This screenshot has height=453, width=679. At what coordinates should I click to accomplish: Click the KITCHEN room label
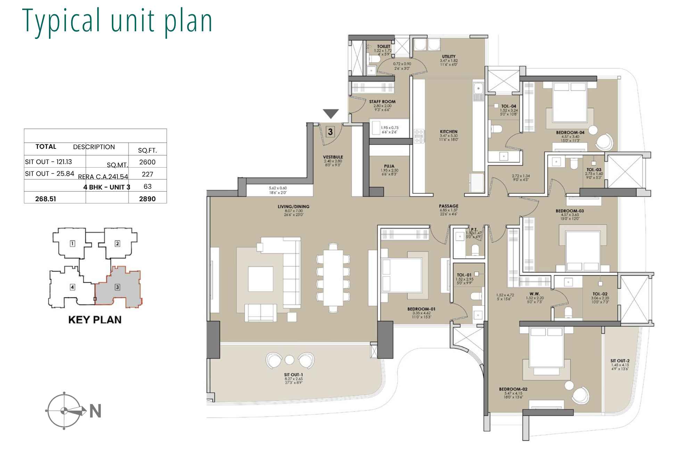[x=448, y=132]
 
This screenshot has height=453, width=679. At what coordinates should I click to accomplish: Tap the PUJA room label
[x=389, y=166]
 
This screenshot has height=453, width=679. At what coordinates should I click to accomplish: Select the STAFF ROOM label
[x=382, y=102]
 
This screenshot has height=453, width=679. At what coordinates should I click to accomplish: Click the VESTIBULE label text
[x=333, y=157]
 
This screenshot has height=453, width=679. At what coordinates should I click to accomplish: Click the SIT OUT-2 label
[x=620, y=361]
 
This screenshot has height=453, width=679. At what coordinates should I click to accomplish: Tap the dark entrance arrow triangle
[x=330, y=114]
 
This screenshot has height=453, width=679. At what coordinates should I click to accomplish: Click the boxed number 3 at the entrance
[x=330, y=132]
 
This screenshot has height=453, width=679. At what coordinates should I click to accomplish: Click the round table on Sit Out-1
[x=289, y=360]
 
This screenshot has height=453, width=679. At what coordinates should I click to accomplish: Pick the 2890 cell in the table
[x=147, y=199]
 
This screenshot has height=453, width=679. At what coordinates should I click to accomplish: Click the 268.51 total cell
[x=45, y=199]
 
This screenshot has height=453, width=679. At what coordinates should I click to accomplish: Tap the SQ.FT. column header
[x=147, y=151]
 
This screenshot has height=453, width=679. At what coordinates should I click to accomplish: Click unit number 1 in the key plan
[x=72, y=243]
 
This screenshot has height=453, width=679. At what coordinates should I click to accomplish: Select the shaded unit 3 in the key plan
[x=117, y=287]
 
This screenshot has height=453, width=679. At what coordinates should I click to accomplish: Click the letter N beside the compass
[x=95, y=411]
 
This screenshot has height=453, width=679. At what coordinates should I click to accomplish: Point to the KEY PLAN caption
[x=95, y=320]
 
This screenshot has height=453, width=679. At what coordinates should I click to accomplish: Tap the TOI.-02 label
[x=600, y=294]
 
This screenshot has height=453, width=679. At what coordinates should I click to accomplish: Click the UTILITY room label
[x=448, y=56]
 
